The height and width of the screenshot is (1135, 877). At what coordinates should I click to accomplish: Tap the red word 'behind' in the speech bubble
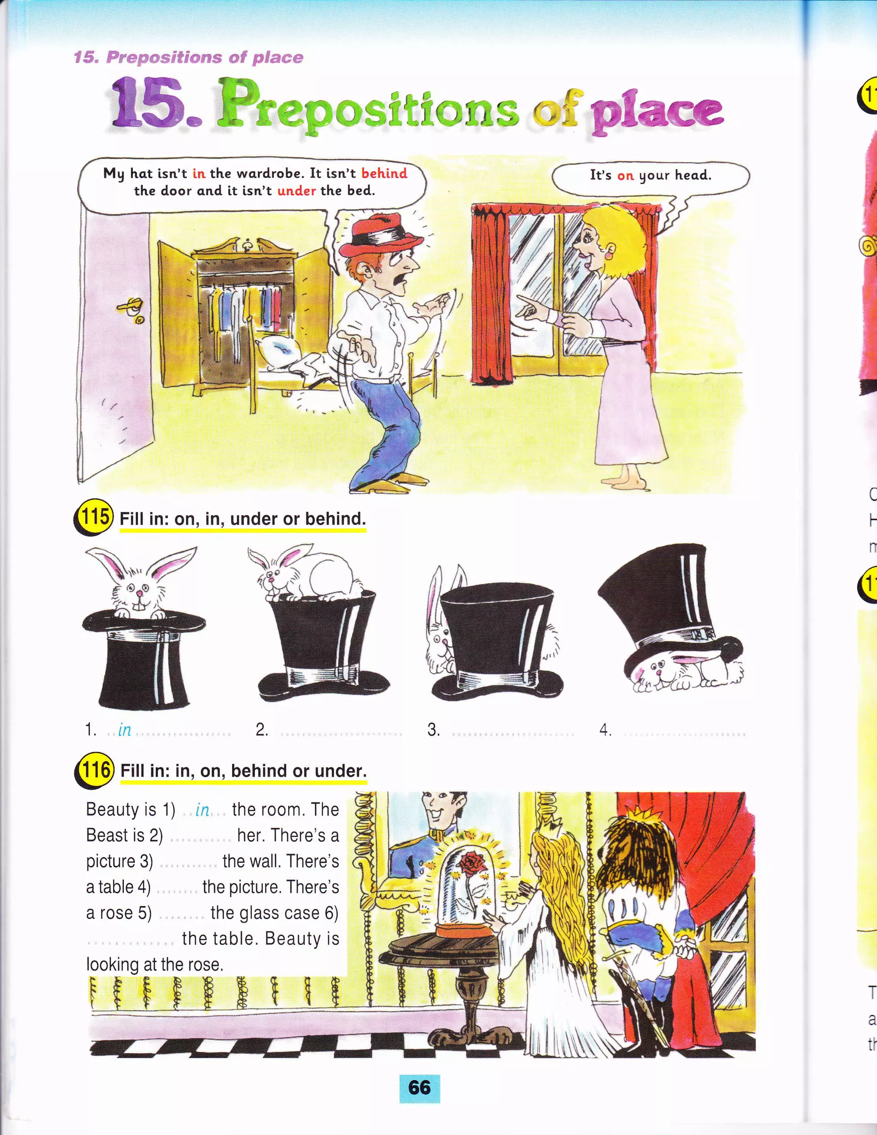385,173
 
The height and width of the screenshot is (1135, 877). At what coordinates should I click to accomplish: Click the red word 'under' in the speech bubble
297,191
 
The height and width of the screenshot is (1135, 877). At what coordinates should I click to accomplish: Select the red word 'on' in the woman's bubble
626,176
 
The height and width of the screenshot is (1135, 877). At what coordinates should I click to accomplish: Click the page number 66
419,1087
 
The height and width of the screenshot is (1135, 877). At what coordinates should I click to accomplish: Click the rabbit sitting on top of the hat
307,572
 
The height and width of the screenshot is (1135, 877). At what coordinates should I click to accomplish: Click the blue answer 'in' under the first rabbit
125,730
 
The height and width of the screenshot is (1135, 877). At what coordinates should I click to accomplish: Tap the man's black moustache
401,279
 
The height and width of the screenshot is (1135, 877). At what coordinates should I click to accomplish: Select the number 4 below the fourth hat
605,730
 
